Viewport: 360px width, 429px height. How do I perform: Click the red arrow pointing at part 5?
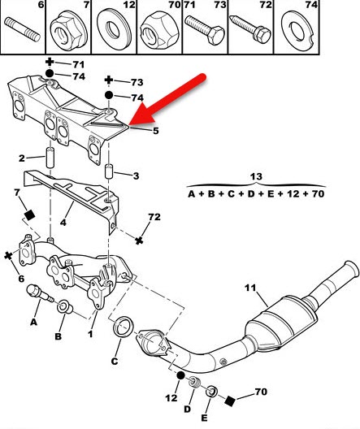167,101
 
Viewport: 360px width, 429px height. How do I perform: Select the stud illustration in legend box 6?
23,29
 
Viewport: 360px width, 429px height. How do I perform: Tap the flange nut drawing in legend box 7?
68,31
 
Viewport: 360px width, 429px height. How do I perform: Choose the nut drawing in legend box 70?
159,31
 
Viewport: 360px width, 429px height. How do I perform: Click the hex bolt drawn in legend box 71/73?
205,29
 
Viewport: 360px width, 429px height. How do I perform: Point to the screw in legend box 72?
251,28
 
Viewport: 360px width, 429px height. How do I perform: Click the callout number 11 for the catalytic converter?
250,288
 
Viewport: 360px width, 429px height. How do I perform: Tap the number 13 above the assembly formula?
256,177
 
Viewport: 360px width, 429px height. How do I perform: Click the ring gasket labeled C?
124,327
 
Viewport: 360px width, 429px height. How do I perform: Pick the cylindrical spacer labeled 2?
50,158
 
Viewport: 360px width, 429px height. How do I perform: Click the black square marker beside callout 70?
230,401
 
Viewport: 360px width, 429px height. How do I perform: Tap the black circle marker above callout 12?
180,375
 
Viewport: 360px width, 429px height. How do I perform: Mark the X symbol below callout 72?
139,240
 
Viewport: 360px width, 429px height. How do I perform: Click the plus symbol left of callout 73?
109,80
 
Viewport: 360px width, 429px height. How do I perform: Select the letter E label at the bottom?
204,418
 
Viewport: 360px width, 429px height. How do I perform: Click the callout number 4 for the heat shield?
63,222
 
